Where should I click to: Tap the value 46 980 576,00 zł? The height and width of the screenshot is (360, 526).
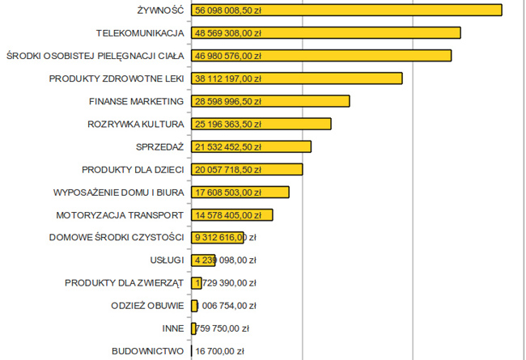pos(228,56)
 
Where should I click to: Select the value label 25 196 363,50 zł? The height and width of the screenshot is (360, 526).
pos(228,124)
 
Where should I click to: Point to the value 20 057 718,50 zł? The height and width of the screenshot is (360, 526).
pos(228,169)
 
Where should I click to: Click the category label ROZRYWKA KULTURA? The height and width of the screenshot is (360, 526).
pos(136,124)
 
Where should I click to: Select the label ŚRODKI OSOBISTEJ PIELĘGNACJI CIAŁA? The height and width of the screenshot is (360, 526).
pos(95,56)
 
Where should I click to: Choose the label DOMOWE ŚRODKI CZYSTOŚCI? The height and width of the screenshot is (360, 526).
pos(117,238)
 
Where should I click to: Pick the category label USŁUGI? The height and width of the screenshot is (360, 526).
pos(168,260)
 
